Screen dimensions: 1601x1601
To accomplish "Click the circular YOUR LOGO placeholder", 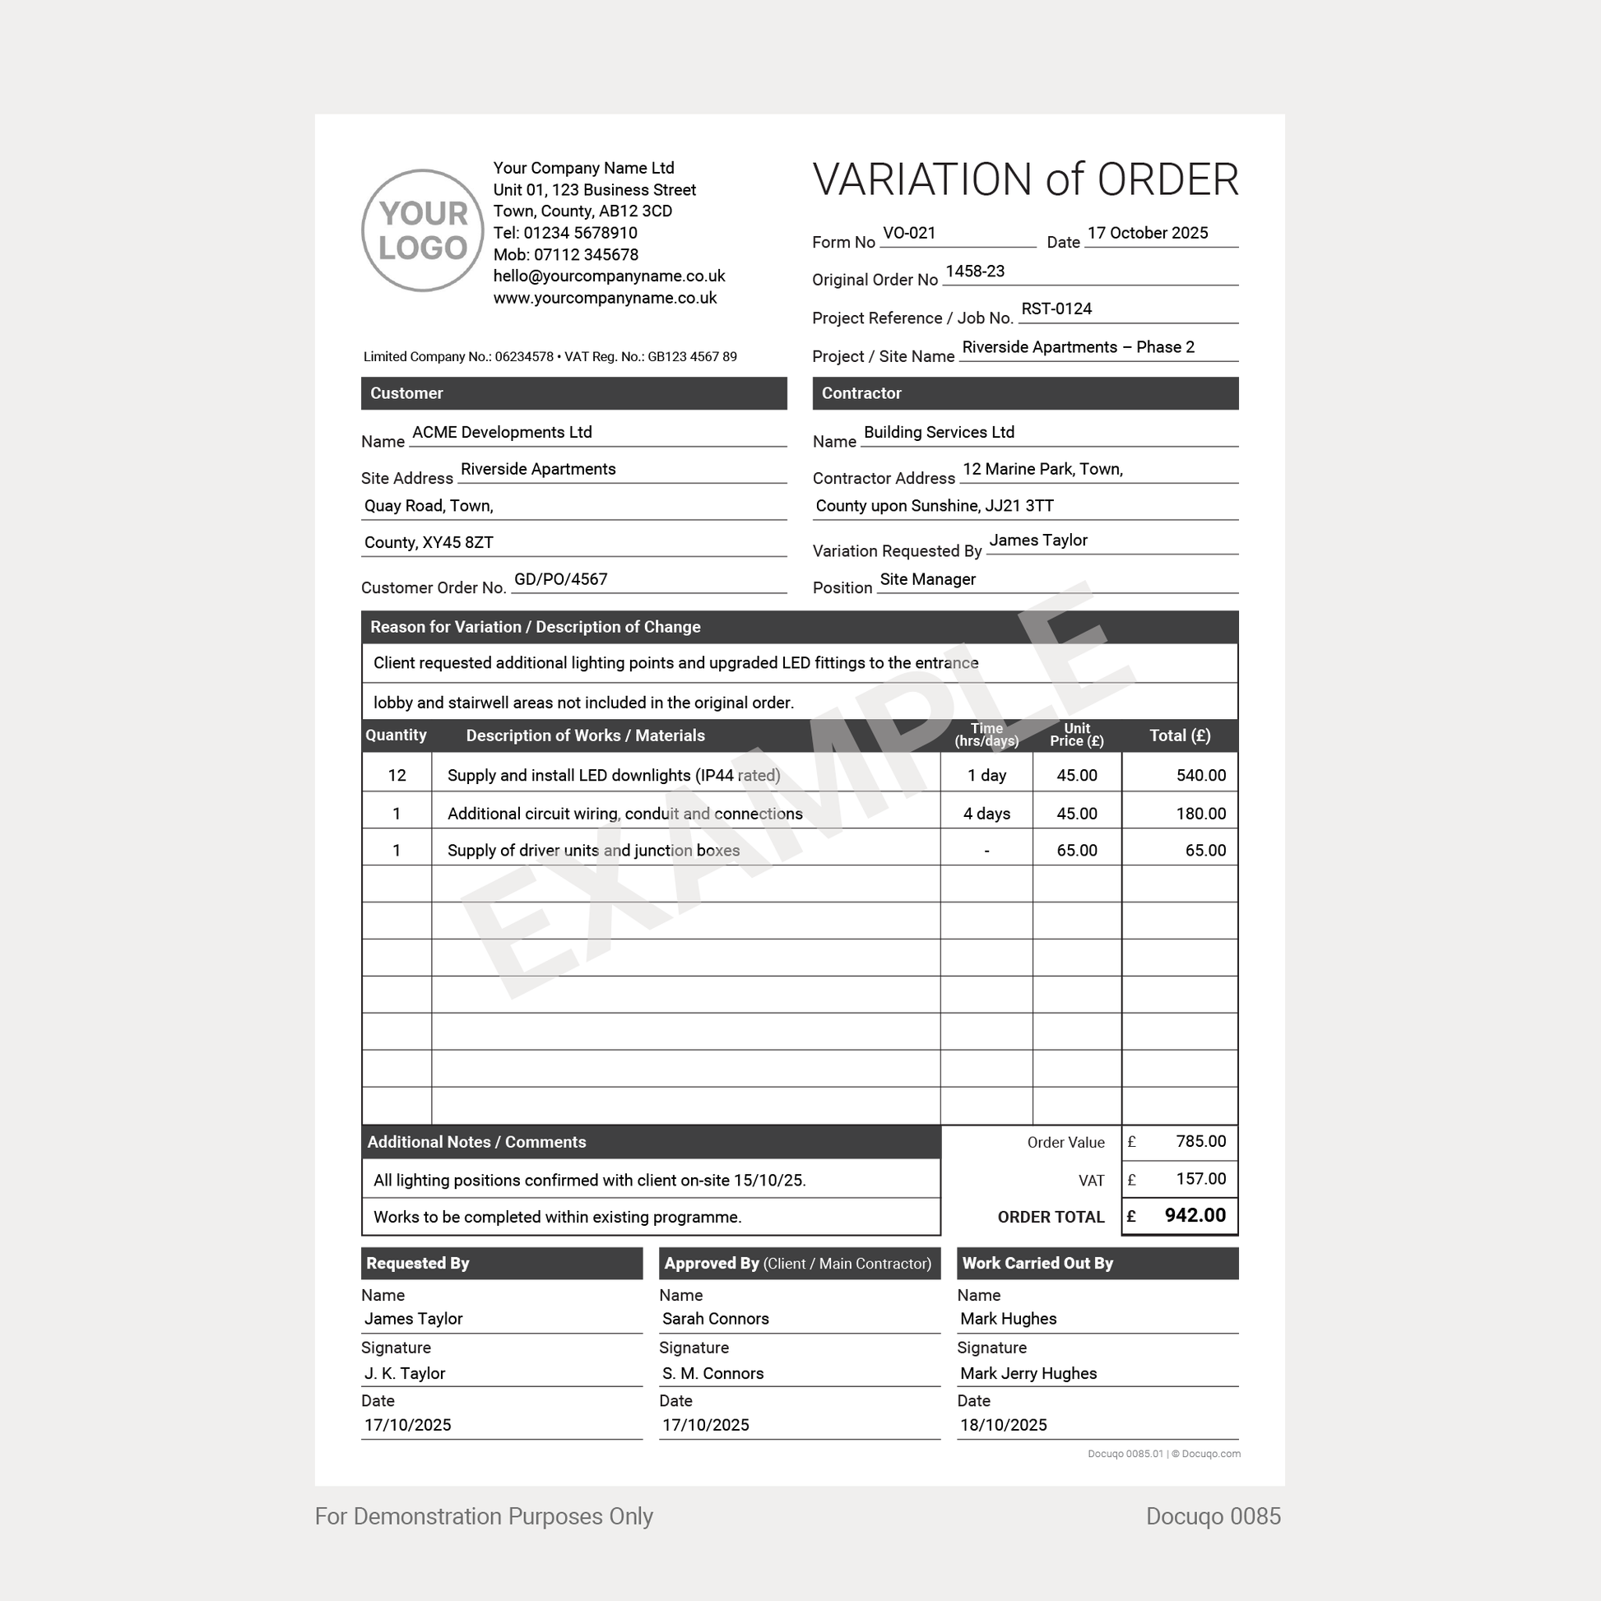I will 423,230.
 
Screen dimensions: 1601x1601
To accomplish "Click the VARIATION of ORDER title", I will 1025,180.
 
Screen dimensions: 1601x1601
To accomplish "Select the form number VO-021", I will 909,234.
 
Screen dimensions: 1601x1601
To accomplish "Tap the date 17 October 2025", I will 1147,234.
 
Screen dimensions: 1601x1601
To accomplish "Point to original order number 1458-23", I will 975,271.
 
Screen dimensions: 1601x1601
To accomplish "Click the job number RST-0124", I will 1056,309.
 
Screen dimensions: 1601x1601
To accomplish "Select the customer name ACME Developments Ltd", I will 501,433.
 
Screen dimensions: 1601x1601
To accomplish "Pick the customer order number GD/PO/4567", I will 560,579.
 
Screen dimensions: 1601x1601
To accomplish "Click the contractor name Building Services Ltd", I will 938,433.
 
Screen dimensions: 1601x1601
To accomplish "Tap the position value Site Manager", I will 927,579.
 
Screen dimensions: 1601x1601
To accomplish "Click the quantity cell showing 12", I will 397,776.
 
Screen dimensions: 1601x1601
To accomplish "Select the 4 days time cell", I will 986,814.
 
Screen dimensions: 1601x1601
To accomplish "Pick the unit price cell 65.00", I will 1076,851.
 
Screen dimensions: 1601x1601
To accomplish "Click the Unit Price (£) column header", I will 1076,735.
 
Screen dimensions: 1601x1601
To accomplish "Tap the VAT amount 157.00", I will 1201,1179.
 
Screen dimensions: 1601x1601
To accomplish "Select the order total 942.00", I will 1195,1216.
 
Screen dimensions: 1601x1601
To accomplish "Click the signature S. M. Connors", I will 712,1373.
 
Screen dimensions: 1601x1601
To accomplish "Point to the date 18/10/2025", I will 1004,1425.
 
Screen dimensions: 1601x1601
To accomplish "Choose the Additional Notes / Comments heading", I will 476,1142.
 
